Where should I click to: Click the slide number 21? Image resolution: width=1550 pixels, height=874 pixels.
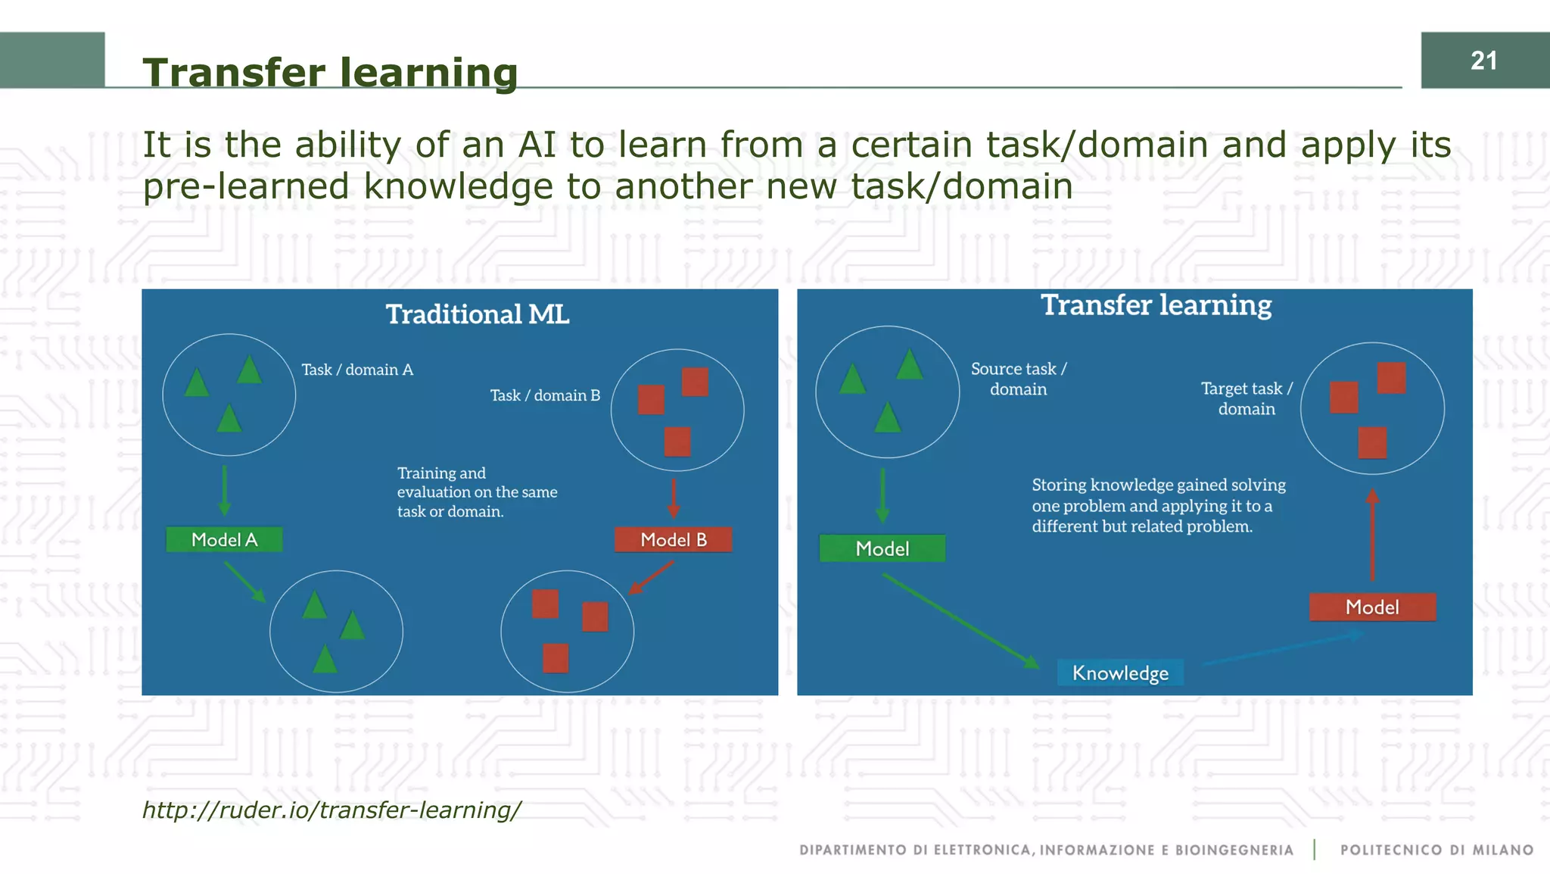coord(1483,61)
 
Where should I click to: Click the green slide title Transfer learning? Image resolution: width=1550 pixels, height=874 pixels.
coord(330,73)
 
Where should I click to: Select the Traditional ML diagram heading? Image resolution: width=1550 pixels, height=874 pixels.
coord(477,314)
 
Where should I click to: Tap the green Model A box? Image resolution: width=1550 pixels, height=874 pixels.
coord(224,539)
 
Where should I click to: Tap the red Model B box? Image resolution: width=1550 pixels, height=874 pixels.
coord(673,539)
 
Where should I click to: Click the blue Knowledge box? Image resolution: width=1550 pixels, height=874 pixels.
coord(1120,673)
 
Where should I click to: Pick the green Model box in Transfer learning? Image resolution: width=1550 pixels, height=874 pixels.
coord(882,548)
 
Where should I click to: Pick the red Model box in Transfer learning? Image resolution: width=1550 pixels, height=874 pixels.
coord(1371,607)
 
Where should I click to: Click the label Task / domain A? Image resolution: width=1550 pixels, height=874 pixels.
coord(357,370)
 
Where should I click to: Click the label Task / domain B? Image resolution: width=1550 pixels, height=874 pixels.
coord(545,395)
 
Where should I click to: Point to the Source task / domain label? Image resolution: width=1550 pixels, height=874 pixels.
coord(1019,379)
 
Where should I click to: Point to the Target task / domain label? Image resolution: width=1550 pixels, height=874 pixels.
coord(1247,398)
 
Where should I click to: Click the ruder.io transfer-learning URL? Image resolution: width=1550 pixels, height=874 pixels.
coord(331,810)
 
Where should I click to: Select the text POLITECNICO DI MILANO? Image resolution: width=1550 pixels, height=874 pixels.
coord(1436,850)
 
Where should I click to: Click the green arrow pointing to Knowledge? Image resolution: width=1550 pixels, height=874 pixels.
coord(960,620)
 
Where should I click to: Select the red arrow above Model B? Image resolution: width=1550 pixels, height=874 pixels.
coord(673,498)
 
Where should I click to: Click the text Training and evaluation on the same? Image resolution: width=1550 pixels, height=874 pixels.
coord(477,482)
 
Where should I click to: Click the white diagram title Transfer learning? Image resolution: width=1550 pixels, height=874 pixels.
coord(1156,305)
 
